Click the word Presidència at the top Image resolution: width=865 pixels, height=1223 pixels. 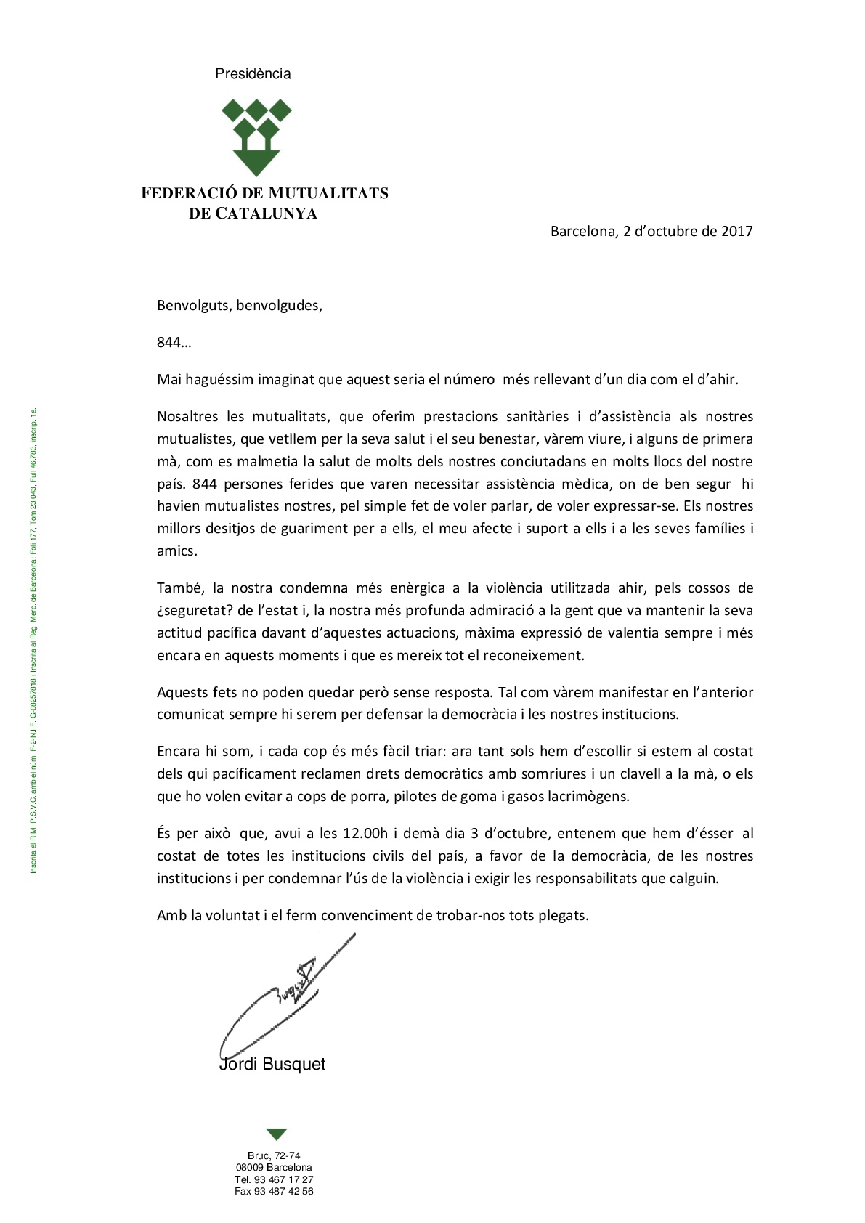[253, 73]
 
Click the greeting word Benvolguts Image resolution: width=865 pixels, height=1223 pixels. [192, 305]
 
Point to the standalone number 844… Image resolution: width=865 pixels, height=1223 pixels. [174, 342]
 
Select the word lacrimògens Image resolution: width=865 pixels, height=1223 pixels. [585, 796]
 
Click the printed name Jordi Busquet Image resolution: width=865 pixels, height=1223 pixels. [272, 1064]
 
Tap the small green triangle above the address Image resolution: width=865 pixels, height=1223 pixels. [277, 1134]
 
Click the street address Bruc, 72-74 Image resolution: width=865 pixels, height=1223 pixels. [274, 1155]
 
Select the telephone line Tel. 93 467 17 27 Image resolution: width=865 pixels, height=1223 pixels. [274, 1179]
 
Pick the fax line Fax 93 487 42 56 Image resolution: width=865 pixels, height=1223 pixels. [274, 1191]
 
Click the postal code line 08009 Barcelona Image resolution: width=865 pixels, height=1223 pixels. [274, 1167]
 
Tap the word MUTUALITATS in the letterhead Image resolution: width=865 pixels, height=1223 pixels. [328, 193]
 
